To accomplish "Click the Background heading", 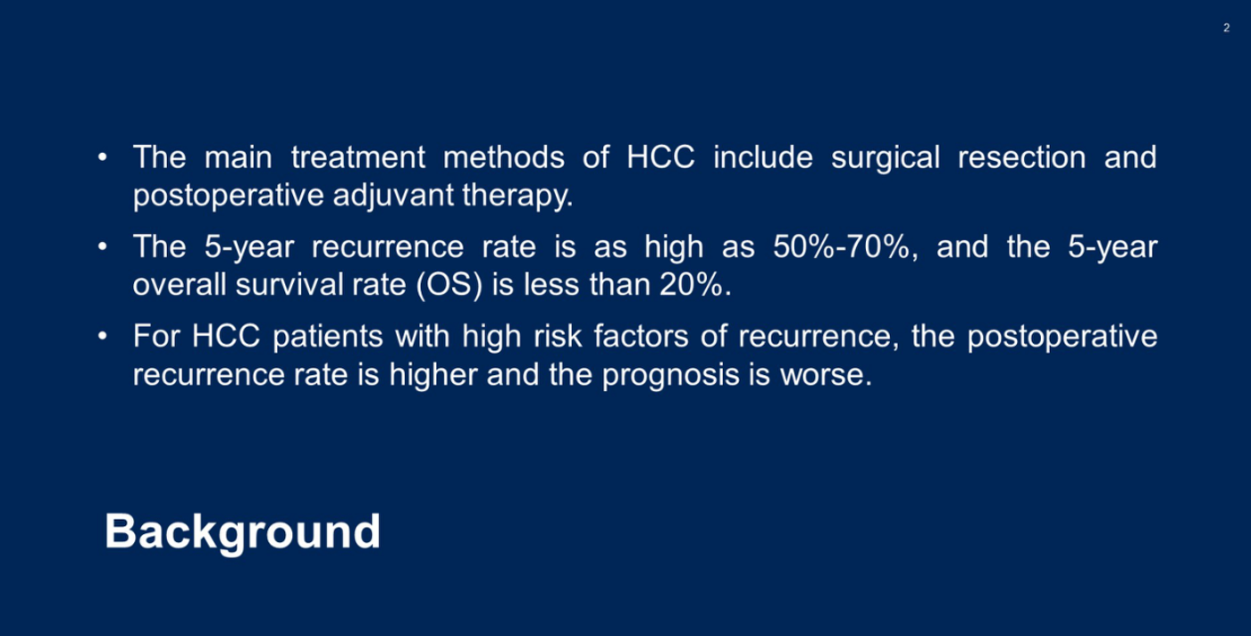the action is point(242,532).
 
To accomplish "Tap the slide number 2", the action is point(1226,28).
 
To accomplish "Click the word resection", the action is point(1022,157).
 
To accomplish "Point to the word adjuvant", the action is point(393,197).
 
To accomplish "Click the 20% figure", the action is point(695,285).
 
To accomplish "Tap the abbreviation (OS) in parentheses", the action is point(449,285).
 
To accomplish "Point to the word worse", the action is point(826,375).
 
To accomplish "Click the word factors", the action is point(642,337).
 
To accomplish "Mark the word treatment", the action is point(358,157).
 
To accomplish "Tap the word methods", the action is point(504,157).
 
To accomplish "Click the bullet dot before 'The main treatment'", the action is point(102,157).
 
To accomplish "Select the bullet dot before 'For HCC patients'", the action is point(102,336).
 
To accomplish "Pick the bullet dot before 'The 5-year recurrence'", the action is point(102,247).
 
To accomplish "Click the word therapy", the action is point(517,197).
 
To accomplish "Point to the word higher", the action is point(433,374).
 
